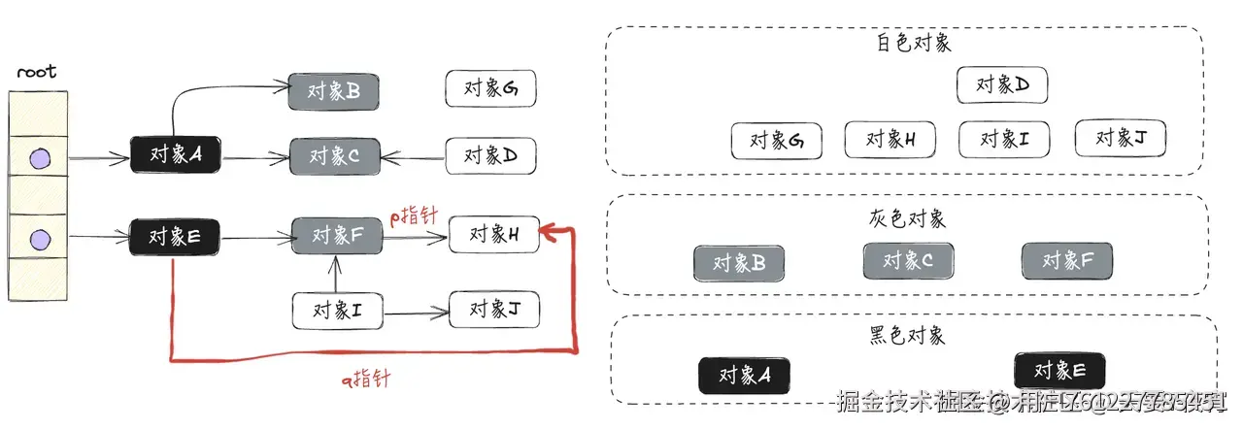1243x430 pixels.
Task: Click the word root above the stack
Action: (37, 72)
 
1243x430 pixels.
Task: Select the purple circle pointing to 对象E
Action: (39, 238)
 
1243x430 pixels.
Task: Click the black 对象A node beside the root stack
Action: (176, 154)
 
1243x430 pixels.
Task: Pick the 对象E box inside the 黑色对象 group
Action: (1059, 371)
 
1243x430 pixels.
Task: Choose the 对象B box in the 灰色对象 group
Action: (739, 263)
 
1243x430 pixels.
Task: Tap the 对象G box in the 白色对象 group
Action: (776, 140)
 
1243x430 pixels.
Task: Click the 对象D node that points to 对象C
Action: (490, 154)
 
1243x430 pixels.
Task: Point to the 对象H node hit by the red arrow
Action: (494, 234)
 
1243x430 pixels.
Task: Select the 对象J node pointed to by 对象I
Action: (494, 310)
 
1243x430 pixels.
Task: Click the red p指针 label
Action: (413, 215)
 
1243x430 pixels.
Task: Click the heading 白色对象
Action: (913, 43)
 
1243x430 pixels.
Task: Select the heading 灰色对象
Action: (908, 218)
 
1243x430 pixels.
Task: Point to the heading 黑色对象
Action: (908, 336)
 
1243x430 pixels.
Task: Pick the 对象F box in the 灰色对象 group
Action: (1067, 261)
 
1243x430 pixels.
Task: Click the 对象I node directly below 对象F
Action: (337, 311)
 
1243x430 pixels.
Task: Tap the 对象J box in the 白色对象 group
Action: (1120, 138)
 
